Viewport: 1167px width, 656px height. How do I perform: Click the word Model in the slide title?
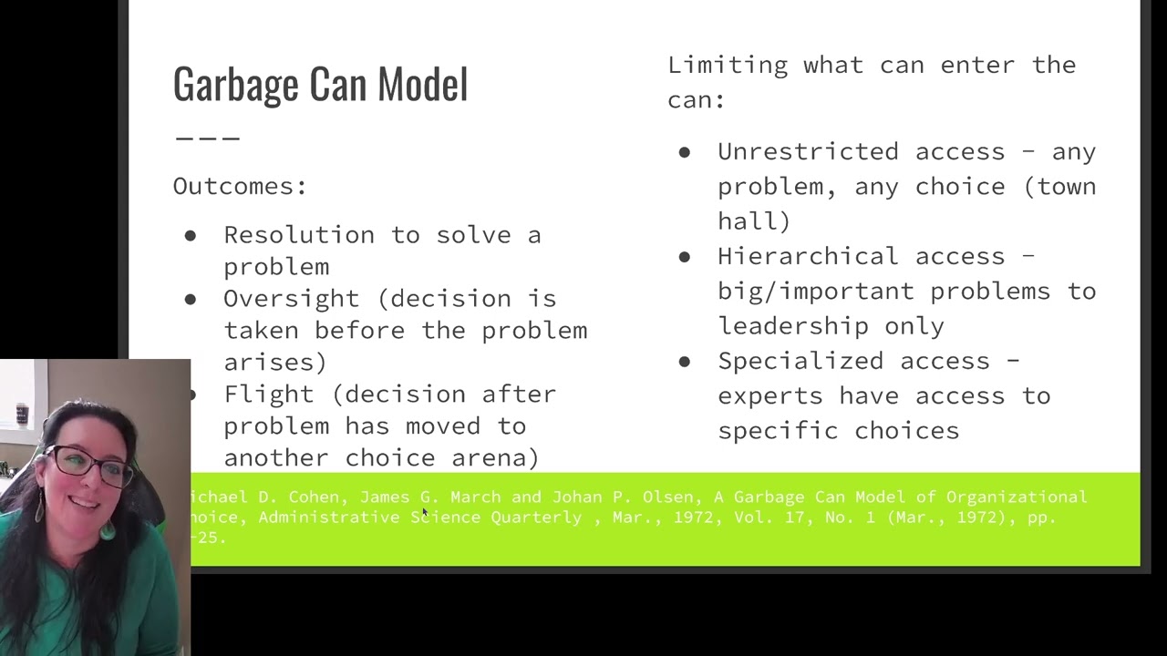click(422, 85)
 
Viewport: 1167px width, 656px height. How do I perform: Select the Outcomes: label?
click(240, 187)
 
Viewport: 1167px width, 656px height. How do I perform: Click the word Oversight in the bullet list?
click(291, 299)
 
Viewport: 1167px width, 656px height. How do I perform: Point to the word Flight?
click(269, 395)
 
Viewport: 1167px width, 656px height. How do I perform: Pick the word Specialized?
click(800, 362)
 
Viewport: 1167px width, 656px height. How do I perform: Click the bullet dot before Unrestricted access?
click(685, 153)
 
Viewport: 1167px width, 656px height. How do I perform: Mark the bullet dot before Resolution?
click(191, 236)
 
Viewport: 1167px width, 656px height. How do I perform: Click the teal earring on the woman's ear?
click(108, 528)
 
